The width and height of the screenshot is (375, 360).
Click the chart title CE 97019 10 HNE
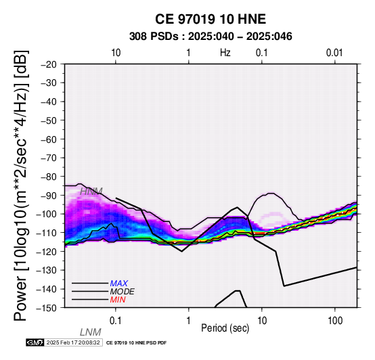pos(211,19)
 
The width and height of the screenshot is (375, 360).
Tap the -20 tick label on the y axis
pos(49,64)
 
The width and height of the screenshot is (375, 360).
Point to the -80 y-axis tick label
pos(49,177)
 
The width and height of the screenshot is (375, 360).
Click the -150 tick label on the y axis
pos(47,307)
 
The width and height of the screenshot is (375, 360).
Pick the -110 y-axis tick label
pos(47,233)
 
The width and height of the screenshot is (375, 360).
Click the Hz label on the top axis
pos(225,53)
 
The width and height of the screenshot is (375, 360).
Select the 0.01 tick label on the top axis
pos(334,53)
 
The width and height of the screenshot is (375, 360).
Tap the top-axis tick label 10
pos(116,53)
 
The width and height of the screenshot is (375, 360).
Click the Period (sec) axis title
pos(225,328)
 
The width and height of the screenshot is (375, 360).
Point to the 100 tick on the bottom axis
pos(335,320)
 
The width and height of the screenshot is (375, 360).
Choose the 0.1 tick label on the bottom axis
pos(116,320)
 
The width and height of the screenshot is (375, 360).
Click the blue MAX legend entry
pos(119,284)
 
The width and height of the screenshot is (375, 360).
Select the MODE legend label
pos(123,292)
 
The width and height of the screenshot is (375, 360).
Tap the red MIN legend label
pos(118,300)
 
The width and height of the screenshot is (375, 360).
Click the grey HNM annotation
pos(91,192)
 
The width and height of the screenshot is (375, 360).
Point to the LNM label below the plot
pos(91,332)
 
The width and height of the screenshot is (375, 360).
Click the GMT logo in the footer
pos(35,342)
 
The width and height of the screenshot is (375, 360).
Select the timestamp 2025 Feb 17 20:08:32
pos(73,342)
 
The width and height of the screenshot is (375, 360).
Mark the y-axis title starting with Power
pos(21,185)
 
